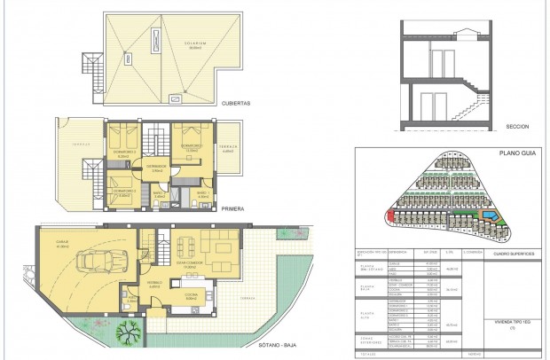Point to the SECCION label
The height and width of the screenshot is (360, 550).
coord(517,128)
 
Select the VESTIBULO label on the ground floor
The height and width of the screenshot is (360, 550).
coord(154,285)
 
